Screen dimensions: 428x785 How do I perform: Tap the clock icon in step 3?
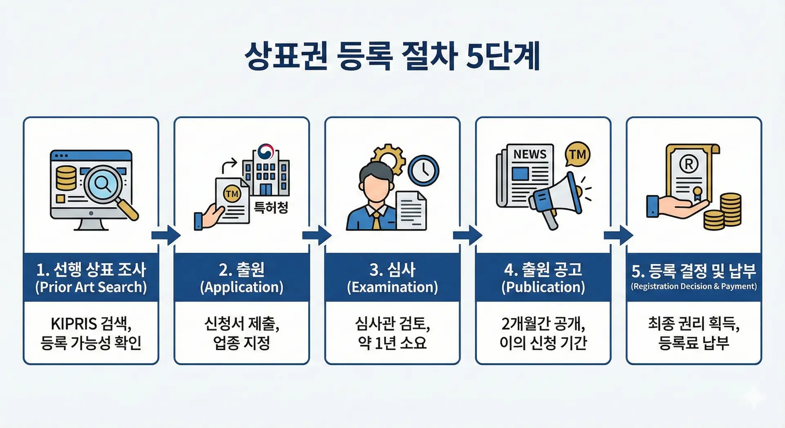tap(423, 170)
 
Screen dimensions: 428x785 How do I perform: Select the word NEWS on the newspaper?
tap(530, 154)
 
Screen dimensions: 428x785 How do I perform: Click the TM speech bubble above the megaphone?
tap(577, 155)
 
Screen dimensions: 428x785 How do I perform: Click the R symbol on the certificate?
tap(689, 164)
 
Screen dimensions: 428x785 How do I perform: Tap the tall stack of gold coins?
tap(731, 210)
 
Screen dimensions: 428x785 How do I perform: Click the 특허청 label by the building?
tap(271, 208)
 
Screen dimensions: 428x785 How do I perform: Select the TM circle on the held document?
tap(232, 194)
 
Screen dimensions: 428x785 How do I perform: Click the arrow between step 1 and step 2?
tap(166, 235)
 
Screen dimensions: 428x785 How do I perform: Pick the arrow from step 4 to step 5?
tap(618, 235)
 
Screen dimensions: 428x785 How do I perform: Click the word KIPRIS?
tap(74, 324)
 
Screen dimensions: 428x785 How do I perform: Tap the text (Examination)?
tap(392, 287)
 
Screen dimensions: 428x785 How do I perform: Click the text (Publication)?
tap(543, 287)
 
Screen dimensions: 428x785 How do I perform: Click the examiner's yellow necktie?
tap(376, 221)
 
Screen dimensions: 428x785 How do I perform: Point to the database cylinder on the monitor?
tap(66, 177)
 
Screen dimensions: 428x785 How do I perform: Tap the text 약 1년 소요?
tap(392, 343)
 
